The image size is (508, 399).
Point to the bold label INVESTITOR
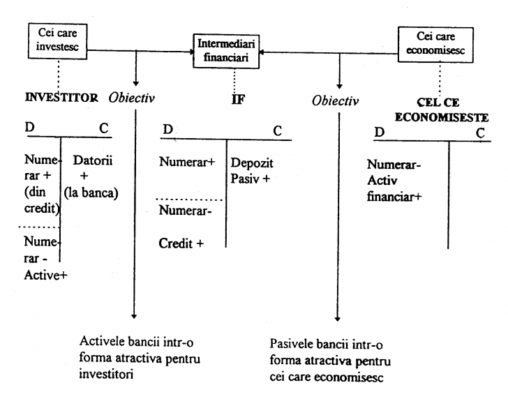61,98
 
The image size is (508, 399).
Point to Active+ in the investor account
45,274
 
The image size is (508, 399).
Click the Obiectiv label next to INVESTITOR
132,98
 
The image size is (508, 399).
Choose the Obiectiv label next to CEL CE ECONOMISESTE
336,101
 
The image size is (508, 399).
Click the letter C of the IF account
277,130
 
